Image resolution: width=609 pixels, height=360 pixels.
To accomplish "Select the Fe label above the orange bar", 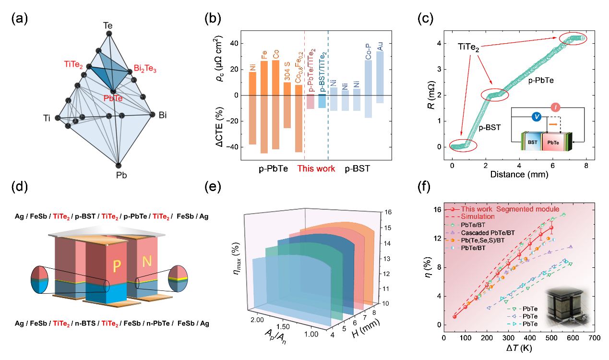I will point(264,53).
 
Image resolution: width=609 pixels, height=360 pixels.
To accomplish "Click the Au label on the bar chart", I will point(380,47).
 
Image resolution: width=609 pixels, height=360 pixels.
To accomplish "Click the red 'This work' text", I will point(316,168).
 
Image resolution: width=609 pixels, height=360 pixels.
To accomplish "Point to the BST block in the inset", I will point(533,143).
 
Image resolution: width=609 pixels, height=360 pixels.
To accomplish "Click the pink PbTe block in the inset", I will point(553,143).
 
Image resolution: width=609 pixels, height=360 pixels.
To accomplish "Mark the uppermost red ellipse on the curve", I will point(572,39).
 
